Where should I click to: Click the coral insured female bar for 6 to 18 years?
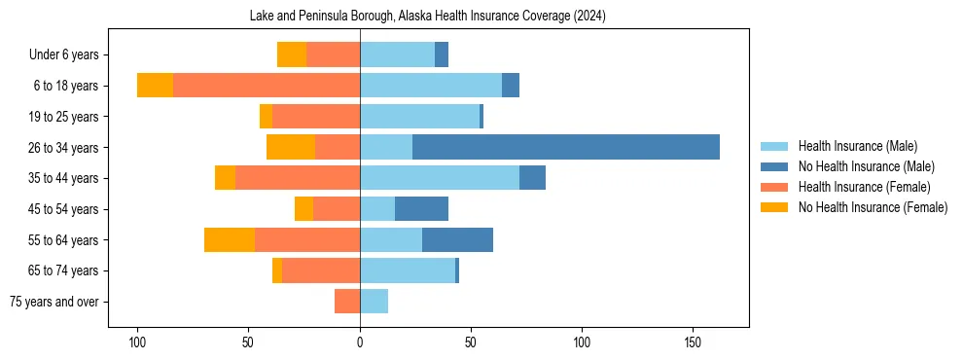point(267,86)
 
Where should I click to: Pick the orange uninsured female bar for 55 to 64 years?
point(230,239)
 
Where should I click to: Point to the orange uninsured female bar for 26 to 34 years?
point(291,147)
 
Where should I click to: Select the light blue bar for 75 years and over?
point(374,302)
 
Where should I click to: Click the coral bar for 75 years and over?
point(347,302)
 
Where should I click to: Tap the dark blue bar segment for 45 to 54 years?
point(421,208)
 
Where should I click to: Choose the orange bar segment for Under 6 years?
point(292,54)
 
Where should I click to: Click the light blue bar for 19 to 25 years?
point(419,117)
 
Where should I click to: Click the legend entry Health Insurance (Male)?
point(857,146)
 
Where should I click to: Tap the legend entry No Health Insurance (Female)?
point(872,207)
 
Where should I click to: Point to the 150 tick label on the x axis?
point(693,342)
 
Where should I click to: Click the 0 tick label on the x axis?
point(360,342)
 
